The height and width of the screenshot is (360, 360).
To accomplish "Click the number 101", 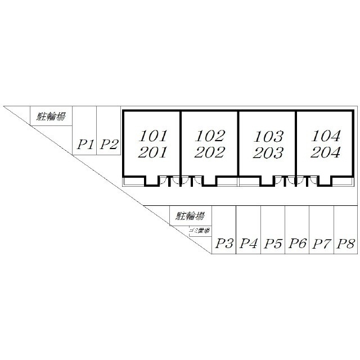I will [x=152, y=136].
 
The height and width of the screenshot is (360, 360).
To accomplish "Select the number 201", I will [x=152, y=152].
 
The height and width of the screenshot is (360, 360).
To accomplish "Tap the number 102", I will [x=210, y=136].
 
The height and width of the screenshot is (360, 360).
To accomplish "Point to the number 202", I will [x=210, y=152].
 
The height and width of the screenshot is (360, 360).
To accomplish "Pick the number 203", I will [x=268, y=153].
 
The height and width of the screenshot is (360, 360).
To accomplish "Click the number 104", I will [x=325, y=136].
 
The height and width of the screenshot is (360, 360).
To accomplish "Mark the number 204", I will [x=325, y=152].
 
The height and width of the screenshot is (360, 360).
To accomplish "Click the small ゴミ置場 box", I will [x=200, y=231].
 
